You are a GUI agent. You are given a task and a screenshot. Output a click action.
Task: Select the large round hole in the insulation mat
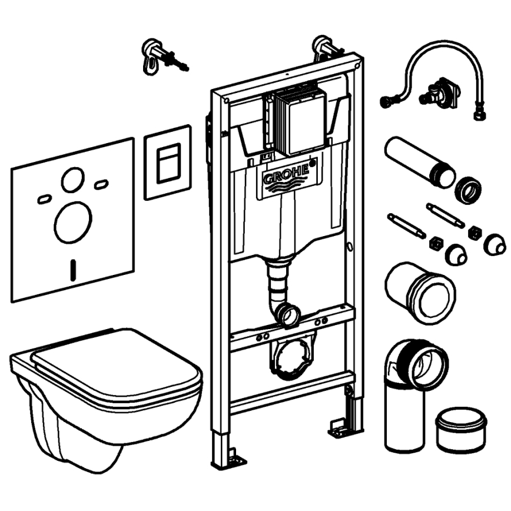point(73,223)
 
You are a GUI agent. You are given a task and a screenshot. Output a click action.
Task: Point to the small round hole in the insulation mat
point(73,179)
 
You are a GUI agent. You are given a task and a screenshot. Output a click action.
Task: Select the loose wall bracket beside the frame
point(157,56)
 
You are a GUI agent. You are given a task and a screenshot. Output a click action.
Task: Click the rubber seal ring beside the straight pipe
point(468,189)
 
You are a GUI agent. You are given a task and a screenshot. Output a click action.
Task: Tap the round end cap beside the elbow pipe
point(461,429)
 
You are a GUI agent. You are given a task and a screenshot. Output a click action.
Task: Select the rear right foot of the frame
point(341,426)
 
